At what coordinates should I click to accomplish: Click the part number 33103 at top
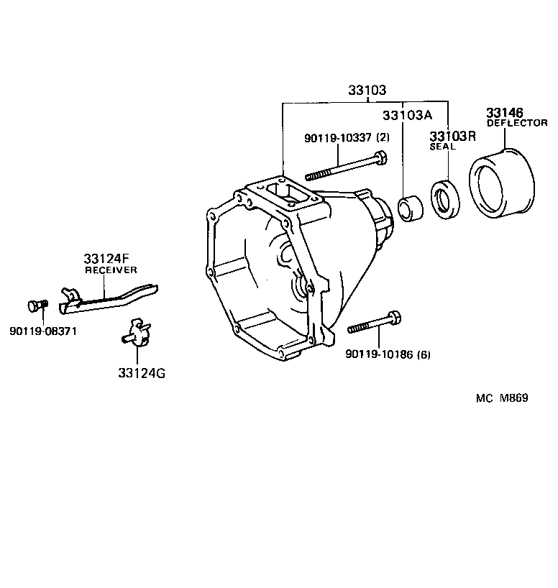click(367, 91)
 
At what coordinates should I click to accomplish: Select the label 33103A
click(408, 116)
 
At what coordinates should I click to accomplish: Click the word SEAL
click(443, 147)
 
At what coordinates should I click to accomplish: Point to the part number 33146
click(506, 113)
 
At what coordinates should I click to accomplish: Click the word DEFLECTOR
click(517, 123)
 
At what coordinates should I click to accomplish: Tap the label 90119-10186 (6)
click(388, 354)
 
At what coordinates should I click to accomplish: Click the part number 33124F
click(106, 259)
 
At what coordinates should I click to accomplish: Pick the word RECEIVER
click(111, 270)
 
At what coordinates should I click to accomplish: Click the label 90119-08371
click(44, 331)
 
